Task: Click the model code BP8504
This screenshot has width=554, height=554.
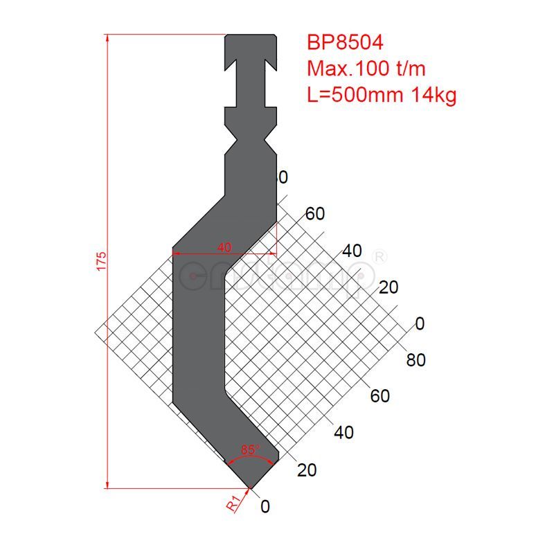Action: point(345,43)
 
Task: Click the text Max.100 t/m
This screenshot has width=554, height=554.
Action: point(366,69)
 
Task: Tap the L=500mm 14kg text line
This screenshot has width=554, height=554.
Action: point(382,95)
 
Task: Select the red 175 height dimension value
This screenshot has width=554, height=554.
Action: point(101,261)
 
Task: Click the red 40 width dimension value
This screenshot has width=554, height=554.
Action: point(224,247)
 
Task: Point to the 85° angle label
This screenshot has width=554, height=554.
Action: point(250,449)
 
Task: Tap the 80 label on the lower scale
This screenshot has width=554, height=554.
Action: point(416,360)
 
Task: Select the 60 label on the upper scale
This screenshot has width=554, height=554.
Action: point(314,214)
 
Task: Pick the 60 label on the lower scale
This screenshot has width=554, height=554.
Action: point(380,396)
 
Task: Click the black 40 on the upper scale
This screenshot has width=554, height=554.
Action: point(352,251)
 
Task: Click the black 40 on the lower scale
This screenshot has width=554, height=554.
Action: point(343,433)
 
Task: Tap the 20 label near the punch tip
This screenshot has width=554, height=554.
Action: point(307,470)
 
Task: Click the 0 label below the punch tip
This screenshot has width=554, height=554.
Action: point(265,507)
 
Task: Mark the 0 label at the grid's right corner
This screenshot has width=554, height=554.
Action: point(418,323)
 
